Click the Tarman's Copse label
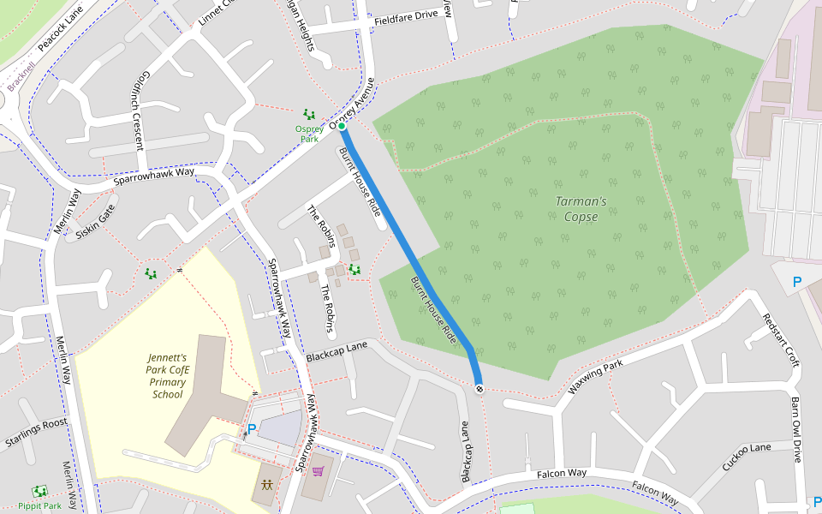pos(581,209)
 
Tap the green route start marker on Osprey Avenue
pos(342,127)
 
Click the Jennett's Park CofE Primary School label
pos(167,376)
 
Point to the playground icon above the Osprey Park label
pos(308,114)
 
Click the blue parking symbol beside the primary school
pos(252,429)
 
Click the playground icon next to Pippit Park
pos(39,492)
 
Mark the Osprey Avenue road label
pos(353,105)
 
